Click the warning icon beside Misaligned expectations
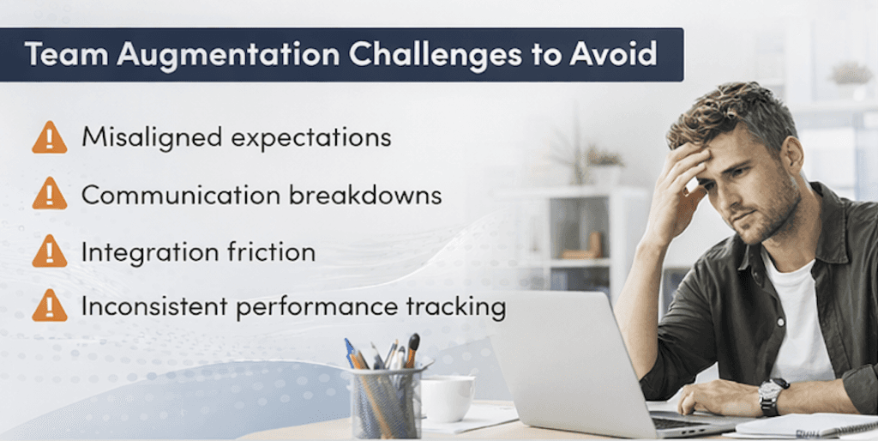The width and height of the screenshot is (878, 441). [x=49, y=138]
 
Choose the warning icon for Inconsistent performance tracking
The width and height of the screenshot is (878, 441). [x=49, y=305]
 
